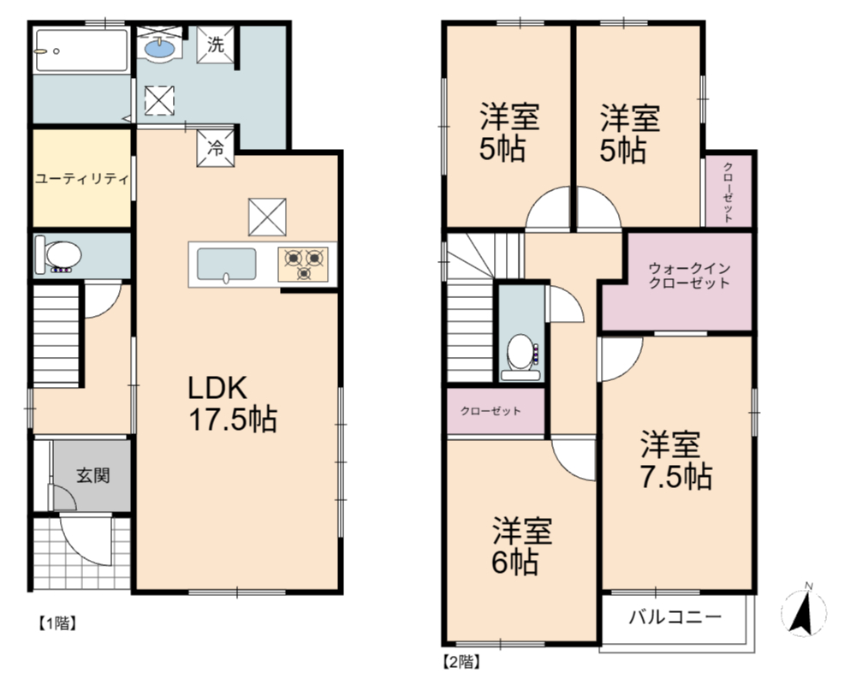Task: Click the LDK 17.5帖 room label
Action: [x=233, y=404]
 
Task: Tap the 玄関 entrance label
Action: [x=92, y=475]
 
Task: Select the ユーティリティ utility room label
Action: [x=82, y=179]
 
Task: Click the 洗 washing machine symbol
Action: [x=216, y=45]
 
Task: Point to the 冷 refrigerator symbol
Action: [x=216, y=147]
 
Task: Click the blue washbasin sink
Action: [x=160, y=48]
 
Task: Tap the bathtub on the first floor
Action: [x=80, y=51]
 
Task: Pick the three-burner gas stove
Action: [x=303, y=265]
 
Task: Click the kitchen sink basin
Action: [x=226, y=265]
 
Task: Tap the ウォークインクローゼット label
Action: [x=689, y=276]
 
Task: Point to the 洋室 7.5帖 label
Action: [x=676, y=460]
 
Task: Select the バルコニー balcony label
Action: [x=675, y=617]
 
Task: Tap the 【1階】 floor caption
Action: [x=56, y=622]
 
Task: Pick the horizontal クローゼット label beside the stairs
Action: [x=490, y=411]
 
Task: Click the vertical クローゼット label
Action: [x=728, y=192]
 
